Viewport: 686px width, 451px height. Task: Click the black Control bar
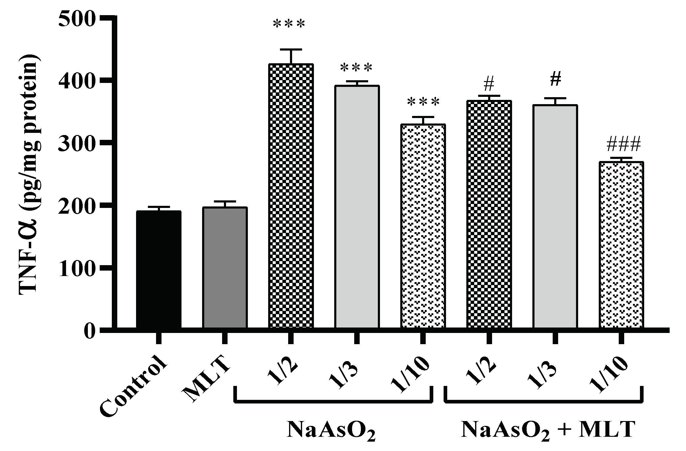click(158, 269)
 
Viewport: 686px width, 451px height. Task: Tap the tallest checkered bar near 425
click(291, 197)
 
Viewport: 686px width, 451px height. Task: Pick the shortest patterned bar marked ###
click(621, 245)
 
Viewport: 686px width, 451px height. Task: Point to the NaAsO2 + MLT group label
click(547, 430)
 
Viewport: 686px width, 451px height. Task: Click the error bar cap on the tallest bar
click(291, 49)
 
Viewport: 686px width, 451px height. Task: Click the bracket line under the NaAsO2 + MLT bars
click(544, 402)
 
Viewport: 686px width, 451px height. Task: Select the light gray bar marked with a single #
click(555, 216)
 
